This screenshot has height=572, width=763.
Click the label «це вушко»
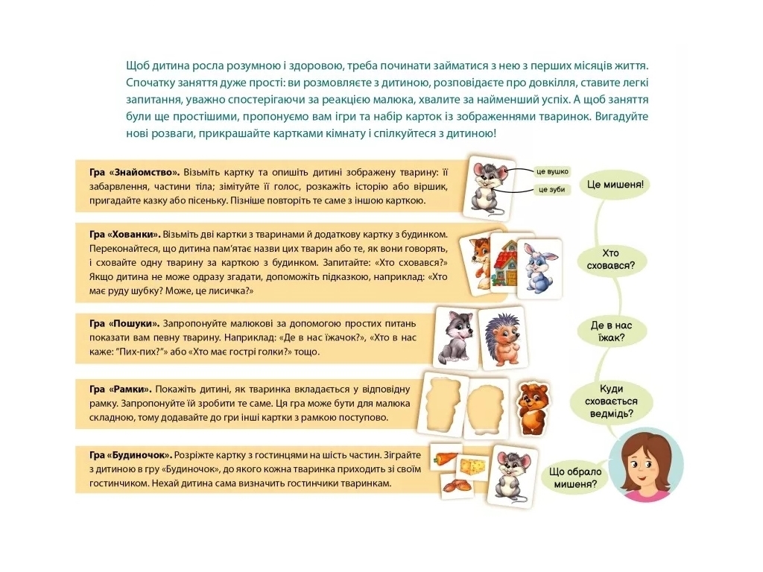[x=551, y=172]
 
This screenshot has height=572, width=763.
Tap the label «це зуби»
[x=551, y=189]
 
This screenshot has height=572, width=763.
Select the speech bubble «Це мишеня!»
[x=615, y=185]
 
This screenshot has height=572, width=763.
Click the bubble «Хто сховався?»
[x=610, y=259]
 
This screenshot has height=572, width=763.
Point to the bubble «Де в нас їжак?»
[x=611, y=331]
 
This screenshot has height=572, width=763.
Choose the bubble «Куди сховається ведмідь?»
[x=611, y=401]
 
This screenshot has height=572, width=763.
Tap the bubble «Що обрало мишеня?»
[x=574, y=477]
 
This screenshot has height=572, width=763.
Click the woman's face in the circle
[x=646, y=465]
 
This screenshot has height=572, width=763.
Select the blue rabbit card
[x=539, y=268]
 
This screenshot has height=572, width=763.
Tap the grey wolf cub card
[x=455, y=337]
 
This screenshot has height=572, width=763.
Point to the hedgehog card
[x=501, y=338]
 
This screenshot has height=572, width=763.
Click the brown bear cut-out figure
[x=532, y=407]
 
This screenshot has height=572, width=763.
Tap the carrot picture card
[x=446, y=457]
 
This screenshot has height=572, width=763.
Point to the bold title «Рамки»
[x=131, y=389]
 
